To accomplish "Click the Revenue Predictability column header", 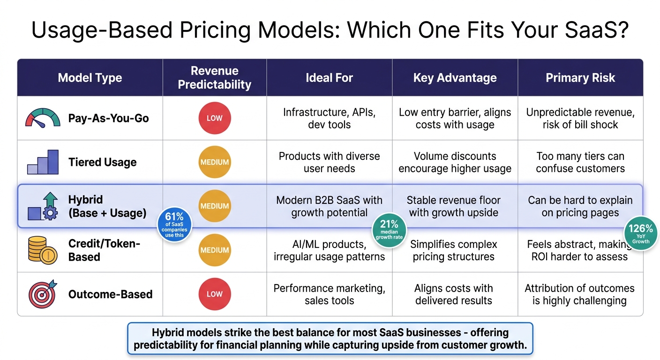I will point(214,78).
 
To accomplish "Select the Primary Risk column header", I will point(580,78).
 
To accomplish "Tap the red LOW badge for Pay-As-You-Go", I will point(214,118).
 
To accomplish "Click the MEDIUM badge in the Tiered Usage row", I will point(214,162).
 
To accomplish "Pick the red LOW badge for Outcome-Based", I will point(214,294).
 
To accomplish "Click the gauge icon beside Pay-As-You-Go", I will point(43,118).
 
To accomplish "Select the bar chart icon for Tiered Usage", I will point(43,162).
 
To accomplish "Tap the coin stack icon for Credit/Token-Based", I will point(43,250).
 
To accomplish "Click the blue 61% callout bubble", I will point(174,225).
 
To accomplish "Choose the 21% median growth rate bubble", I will point(389,229).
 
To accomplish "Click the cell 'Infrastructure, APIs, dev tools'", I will point(329,118).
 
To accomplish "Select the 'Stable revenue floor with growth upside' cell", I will point(453,206).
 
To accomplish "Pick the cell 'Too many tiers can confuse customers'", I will point(580,162).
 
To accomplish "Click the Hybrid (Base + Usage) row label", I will point(107,206).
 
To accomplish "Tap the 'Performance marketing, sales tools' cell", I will point(329,294).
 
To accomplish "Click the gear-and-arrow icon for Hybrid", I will point(43,206).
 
